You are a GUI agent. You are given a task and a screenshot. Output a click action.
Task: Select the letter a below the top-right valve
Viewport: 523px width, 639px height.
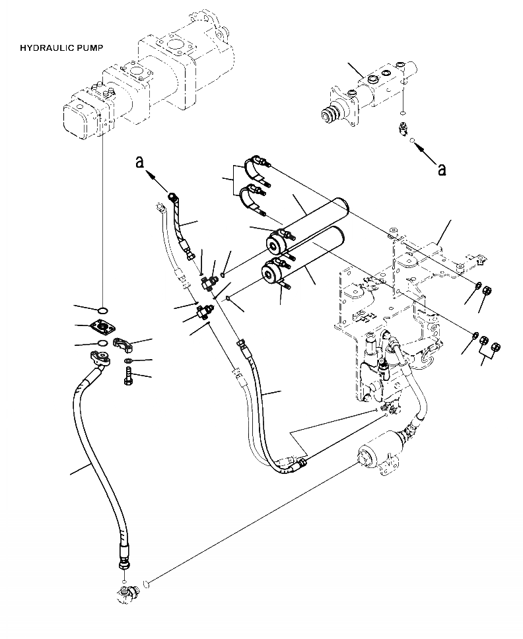click(441, 170)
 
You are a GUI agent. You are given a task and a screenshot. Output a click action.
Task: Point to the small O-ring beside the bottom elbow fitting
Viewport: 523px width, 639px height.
click(149, 582)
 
